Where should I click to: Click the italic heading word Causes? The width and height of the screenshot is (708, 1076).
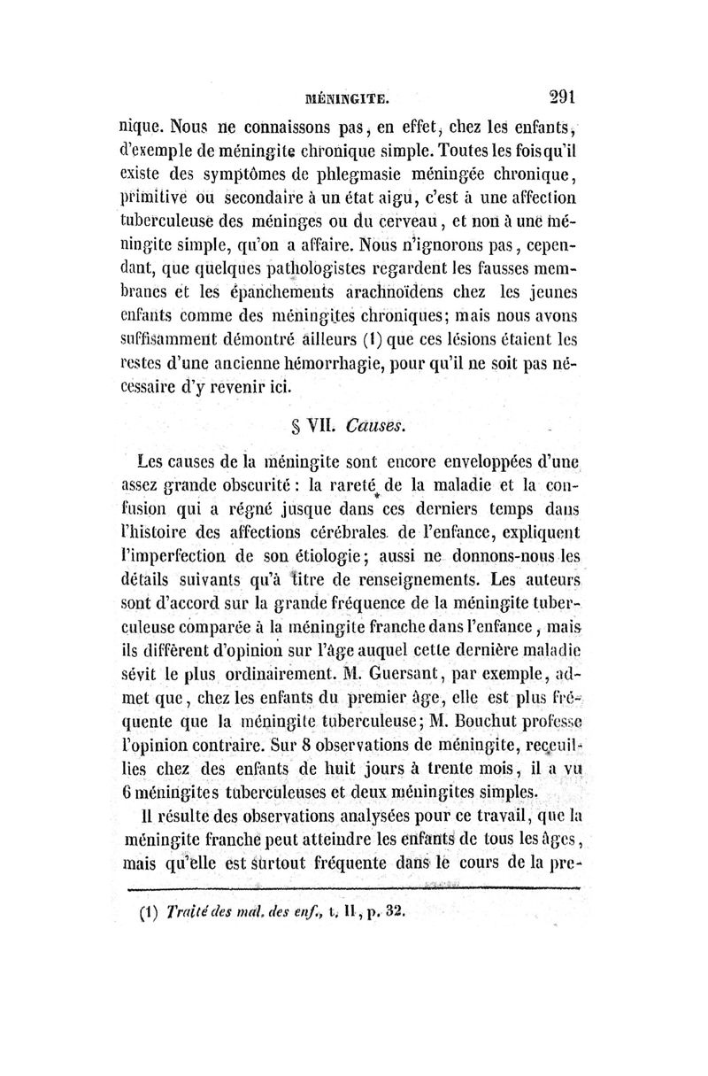pos(379,424)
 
